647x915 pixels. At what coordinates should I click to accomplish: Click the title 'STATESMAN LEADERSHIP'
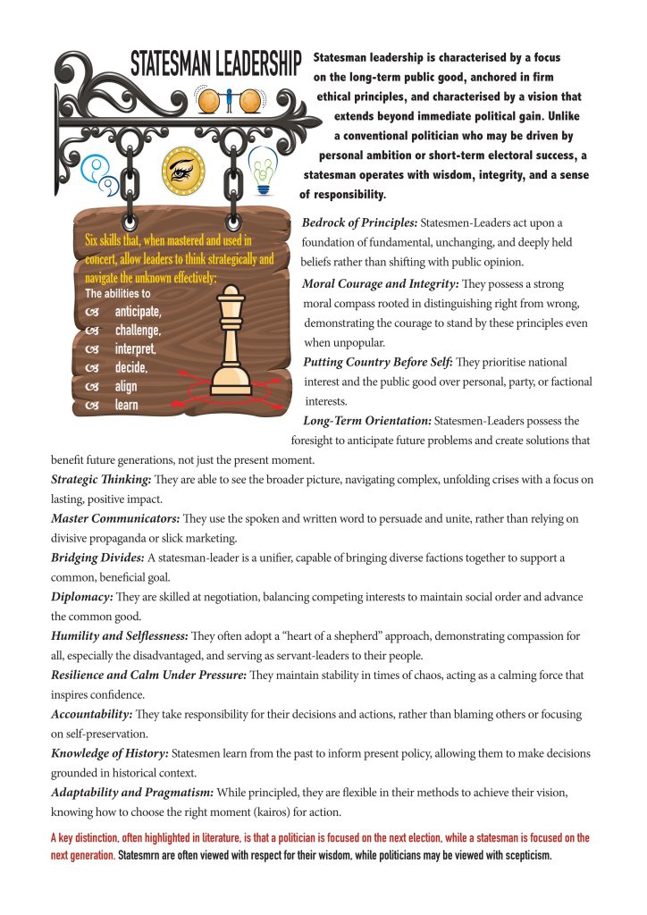216,64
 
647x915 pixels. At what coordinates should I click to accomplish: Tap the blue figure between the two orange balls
230,101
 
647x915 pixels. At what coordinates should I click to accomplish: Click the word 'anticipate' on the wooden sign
138,311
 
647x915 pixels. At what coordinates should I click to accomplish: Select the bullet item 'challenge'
138,330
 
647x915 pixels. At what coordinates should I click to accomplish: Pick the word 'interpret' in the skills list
136,348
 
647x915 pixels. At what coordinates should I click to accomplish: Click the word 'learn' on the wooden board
126,405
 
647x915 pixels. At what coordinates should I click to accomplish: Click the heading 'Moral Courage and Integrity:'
382,283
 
